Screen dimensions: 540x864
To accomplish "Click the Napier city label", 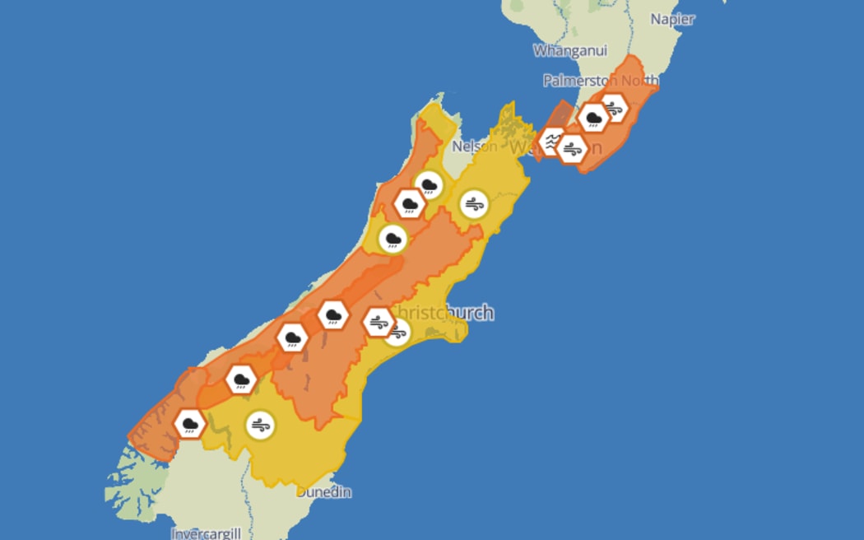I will tap(672, 19).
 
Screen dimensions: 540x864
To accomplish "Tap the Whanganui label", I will tap(570, 51).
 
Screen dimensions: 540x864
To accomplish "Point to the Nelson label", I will tap(475, 147).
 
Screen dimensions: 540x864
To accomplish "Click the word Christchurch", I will tap(443, 313).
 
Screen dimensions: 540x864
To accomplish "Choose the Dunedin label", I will tap(324, 492).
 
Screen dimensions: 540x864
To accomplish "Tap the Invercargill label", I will tap(207, 533).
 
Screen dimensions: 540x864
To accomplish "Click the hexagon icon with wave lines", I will tap(553, 142).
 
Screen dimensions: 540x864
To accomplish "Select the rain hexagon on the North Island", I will tap(592, 119).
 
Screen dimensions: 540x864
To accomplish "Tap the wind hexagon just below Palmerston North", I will tap(614, 107).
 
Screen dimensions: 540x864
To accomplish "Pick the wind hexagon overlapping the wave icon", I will tap(572, 149).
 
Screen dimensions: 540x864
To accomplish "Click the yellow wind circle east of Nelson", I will tap(473, 203).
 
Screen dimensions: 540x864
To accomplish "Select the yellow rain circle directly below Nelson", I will tap(429, 185).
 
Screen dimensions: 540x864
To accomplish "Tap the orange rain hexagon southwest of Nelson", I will tap(409, 203).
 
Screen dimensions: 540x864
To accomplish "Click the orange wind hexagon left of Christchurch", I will tap(379, 322).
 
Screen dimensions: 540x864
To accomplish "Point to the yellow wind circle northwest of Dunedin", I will tap(261, 426).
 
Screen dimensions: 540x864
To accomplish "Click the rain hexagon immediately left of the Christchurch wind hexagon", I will tap(333, 314).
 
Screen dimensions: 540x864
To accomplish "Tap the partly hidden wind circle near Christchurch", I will tap(399, 333).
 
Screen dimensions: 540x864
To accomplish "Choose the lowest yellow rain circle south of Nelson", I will tap(393, 240).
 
